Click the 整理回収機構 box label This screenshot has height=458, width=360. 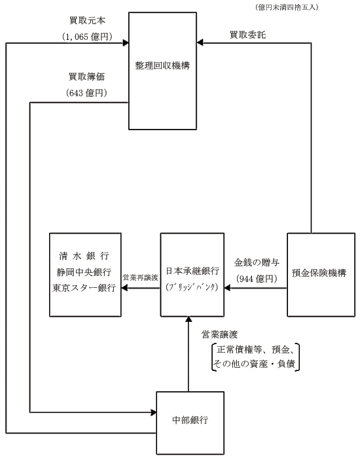tap(162, 65)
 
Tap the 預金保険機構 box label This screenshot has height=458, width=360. tap(319, 273)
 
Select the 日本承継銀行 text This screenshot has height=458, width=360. tap(192, 271)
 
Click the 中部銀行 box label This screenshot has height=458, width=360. tap(190, 420)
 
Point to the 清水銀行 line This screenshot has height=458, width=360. tap(84, 256)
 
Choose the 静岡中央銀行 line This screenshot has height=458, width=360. tap(84, 272)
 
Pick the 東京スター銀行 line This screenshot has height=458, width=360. tap(84, 288)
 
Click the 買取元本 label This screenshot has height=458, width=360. tap(87, 20)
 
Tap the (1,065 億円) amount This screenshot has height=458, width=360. tap(87, 37)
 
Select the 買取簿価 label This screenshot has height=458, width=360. tap(87, 77)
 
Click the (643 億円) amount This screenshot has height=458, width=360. tap(87, 93)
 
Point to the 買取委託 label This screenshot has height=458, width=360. tap(248, 35)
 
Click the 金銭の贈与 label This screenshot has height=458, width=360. tap(257, 262)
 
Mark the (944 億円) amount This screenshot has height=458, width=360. tap(257, 279)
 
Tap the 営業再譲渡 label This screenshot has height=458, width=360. tap(141, 277)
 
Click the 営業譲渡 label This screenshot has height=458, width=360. tap(220, 334)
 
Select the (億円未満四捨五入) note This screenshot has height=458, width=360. tap(287, 8)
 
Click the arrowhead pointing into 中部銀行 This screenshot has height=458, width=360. tap(154, 412)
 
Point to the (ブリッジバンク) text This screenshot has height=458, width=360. tap(192, 287)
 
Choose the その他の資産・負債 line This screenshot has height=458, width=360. tap(255, 364)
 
